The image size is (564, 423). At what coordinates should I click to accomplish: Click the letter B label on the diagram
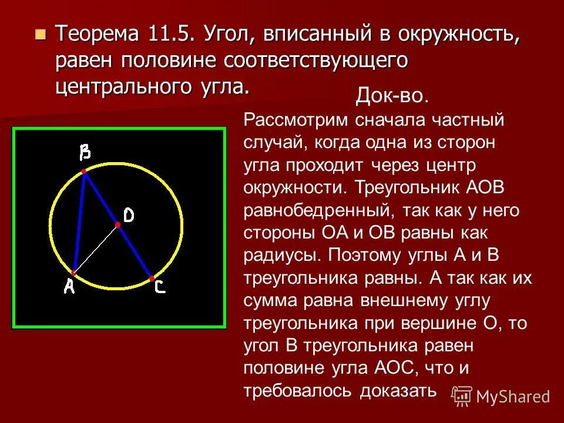85,153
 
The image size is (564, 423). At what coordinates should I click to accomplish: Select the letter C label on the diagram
160,288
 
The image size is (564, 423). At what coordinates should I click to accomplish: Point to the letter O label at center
129,216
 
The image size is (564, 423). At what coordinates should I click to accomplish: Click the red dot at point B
84,171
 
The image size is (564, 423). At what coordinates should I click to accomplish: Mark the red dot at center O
117,225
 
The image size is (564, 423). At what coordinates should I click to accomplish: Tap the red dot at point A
74,273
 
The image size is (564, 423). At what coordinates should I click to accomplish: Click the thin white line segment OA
96,249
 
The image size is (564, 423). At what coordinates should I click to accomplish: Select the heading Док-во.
392,97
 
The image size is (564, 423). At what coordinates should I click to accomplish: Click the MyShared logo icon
463,395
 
